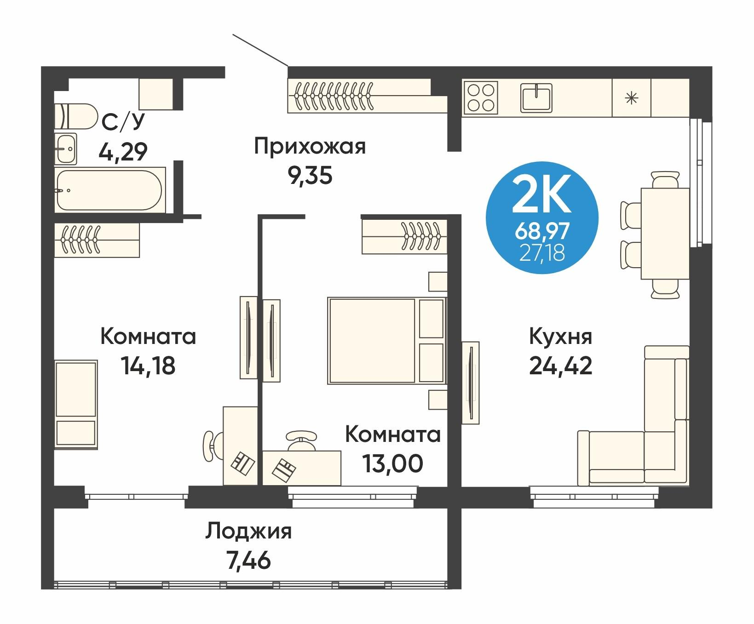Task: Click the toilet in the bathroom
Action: coord(76,115)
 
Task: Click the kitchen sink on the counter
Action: coord(537,97)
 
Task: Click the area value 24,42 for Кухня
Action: coord(560,366)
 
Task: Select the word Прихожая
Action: coord(310,147)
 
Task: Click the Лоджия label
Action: coord(248,532)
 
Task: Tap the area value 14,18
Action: coord(148,366)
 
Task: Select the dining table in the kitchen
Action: coord(665,234)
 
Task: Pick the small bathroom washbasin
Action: coord(65,149)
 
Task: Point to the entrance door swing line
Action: coord(260,50)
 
